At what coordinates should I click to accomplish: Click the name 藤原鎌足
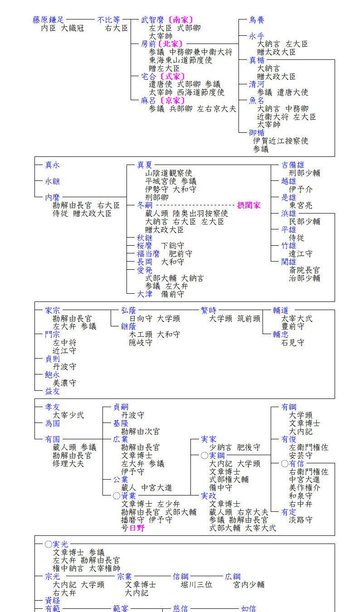(x=49, y=20)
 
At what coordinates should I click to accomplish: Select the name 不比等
(x=109, y=20)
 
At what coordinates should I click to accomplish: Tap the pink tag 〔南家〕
(x=180, y=20)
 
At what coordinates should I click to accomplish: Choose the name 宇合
(x=149, y=76)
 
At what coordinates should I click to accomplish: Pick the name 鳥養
(x=257, y=20)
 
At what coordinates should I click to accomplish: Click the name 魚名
(x=257, y=101)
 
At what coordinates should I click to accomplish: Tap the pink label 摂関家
(x=249, y=205)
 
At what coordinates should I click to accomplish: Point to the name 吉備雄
(x=293, y=165)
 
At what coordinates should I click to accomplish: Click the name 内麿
(x=52, y=197)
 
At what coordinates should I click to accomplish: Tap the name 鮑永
(x=52, y=375)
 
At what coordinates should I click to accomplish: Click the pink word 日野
(x=137, y=528)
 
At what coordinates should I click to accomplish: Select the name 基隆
(x=121, y=423)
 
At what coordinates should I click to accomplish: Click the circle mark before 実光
(x=49, y=544)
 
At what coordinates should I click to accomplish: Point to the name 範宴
(x=121, y=609)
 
